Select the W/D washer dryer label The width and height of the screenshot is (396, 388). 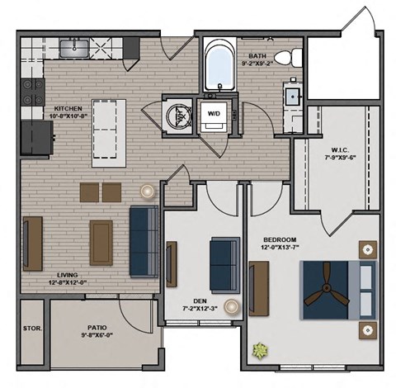pyautogui.click(x=214, y=113)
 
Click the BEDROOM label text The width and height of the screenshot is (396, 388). pyautogui.click(x=280, y=239)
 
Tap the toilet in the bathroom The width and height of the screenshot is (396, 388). pyautogui.click(x=283, y=59)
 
